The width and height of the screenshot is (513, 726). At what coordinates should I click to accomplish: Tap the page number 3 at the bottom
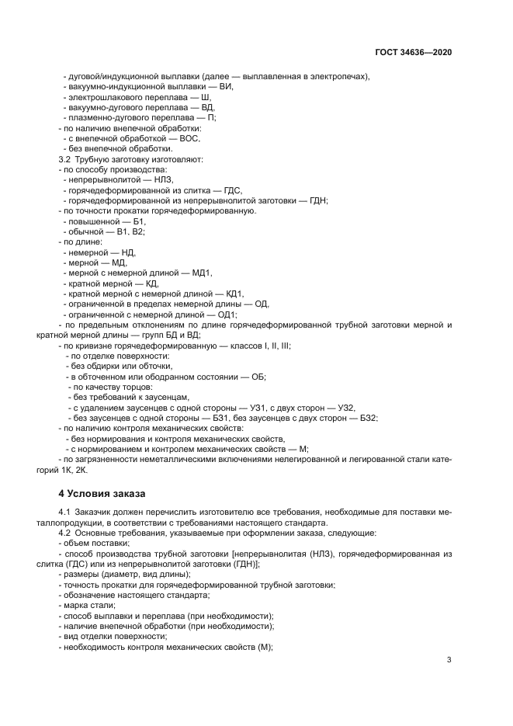[449, 660]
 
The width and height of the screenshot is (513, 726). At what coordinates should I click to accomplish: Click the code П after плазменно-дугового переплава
[211, 117]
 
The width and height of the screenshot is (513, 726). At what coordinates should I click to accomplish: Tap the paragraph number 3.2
[65, 159]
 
